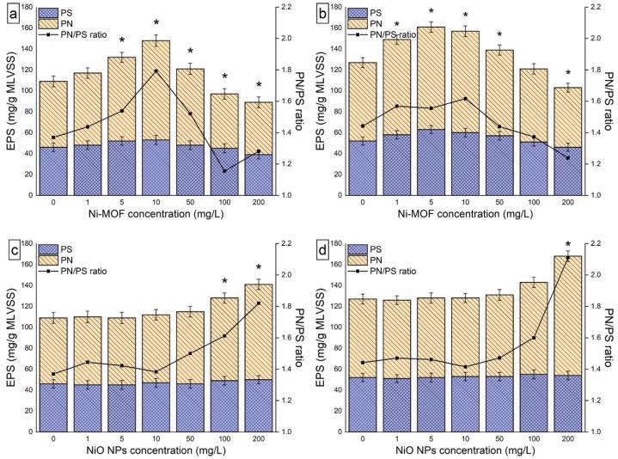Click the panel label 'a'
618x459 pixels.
coord(13,9)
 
